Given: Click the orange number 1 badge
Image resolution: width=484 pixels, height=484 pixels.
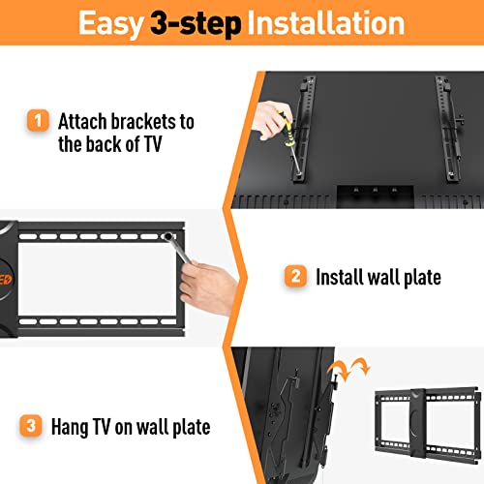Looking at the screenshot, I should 37,122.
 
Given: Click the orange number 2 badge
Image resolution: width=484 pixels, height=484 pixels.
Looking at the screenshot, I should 294,278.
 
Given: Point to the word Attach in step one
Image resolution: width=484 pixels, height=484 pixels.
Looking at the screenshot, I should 81,122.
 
